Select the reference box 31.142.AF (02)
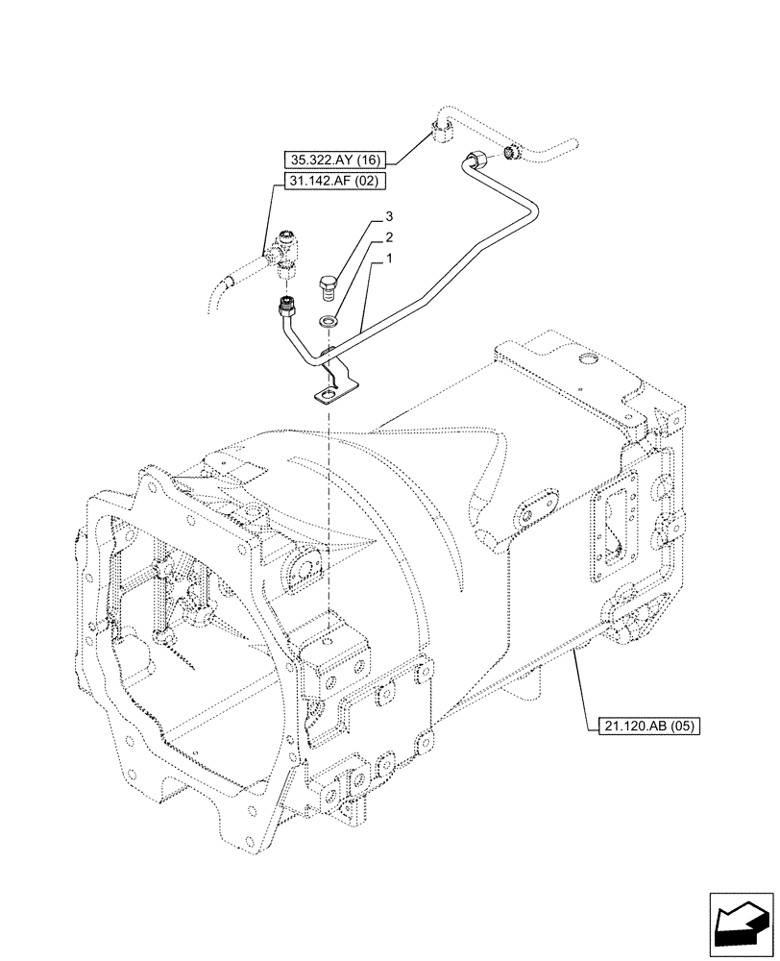[330, 180]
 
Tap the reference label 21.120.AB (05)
[642, 726]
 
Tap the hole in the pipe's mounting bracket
[329, 392]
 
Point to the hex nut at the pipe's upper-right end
[475, 160]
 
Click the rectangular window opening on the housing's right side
[611, 529]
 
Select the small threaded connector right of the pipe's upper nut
[513, 152]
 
